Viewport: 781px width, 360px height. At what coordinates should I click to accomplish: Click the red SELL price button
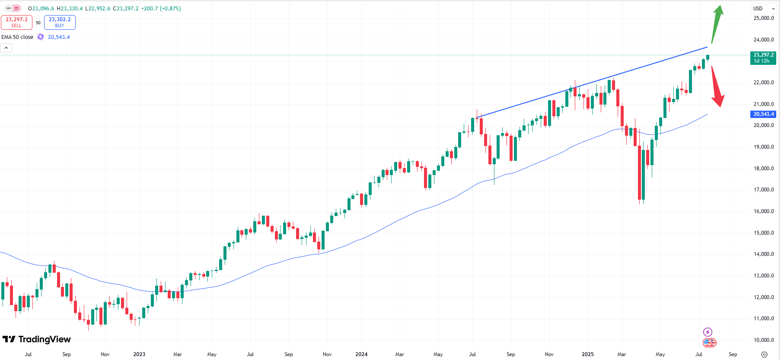[x=16, y=22]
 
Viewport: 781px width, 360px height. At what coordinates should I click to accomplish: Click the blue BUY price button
[x=60, y=22]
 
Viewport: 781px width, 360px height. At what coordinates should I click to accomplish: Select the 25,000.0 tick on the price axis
[x=763, y=18]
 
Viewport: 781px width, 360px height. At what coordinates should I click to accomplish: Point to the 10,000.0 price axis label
[x=763, y=340]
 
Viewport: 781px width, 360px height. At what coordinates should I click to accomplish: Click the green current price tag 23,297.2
[x=763, y=57]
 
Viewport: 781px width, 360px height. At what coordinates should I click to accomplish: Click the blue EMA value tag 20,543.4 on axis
[x=763, y=114]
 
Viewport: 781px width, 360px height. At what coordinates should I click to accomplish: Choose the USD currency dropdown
[x=764, y=9]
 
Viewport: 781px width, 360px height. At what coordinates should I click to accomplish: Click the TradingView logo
[x=37, y=339]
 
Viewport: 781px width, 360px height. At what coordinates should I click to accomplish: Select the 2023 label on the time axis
[x=139, y=354]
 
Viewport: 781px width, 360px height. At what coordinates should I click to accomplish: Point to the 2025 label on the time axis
[x=587, y=354]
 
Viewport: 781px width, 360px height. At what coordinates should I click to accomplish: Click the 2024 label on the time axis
[x=361, y=354]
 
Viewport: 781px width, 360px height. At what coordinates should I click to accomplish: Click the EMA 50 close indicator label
[x=17, y=37]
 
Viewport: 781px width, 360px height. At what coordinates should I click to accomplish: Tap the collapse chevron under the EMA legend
[x=6, y=48]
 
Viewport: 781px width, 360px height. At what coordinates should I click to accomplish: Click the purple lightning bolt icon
[x=708, y=332]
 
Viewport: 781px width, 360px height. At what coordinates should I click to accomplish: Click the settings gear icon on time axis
[x=764, y=354]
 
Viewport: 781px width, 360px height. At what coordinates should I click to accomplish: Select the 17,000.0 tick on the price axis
[x=763, y=190]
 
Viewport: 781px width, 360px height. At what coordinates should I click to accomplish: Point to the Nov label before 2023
[x=105, y=354]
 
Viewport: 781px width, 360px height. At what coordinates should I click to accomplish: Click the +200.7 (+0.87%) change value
[x=161, y=9]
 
